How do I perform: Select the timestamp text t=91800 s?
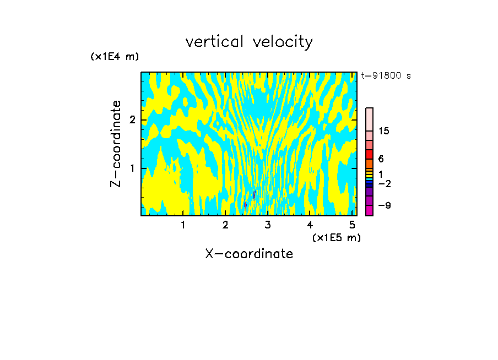point(386,76)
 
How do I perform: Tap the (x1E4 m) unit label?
point(115,57)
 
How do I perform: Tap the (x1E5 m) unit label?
point(336,237)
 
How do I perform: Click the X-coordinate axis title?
point(249,254)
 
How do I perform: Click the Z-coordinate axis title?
point(116,144)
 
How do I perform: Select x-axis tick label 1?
point(183,225)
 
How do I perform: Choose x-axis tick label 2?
point(225,225)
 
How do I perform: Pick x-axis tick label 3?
point(268,225)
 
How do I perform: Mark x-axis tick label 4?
point(310,225)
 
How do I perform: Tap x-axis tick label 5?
point(352,225)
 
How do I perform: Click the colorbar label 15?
point(384,131)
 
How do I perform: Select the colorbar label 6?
point(381,159)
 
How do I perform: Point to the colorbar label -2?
point(384,183)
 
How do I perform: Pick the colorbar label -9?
point(384,205)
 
